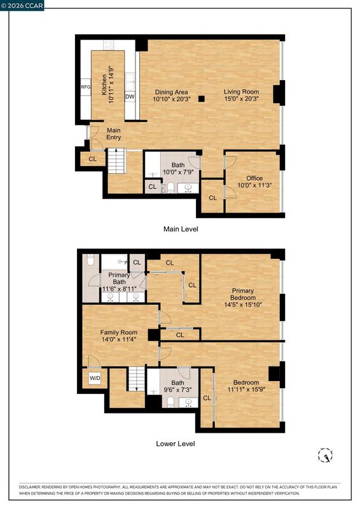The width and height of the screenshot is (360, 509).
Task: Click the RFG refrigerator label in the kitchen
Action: tap(86, 87)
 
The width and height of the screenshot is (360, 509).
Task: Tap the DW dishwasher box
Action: tap(130, 97)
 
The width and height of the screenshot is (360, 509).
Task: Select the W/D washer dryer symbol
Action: tap(95, 378)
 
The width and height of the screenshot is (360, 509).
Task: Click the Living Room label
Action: tap(241, 92)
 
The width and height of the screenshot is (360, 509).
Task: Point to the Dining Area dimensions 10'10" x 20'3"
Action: tap(172, 99)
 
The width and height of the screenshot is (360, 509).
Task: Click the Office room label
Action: tap(254, 178)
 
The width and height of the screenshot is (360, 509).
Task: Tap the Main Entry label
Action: tap(114, 134)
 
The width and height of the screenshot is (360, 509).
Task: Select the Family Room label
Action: tap(118, 332)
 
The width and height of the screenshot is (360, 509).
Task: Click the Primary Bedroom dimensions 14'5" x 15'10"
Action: tap(243, 305)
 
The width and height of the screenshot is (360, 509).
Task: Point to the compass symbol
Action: tap(325, 455)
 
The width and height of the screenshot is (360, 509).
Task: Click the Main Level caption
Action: tap(181, 229)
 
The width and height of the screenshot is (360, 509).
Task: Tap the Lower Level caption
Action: tap(176, 443)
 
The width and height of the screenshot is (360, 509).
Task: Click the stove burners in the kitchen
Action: tap(108, 45)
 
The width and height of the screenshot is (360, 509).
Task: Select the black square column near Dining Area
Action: tap(202, 99)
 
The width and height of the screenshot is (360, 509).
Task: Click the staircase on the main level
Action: tap(116, 161)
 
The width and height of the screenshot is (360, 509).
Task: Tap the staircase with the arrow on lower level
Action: tap(137, 379)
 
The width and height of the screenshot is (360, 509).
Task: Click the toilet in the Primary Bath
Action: tap(90, 260)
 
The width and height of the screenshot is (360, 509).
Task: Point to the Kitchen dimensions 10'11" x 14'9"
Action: tap(111, 85)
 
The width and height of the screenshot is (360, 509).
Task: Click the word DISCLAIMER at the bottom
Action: tap(29, 487)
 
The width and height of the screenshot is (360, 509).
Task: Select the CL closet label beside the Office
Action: tap(212, 198)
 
